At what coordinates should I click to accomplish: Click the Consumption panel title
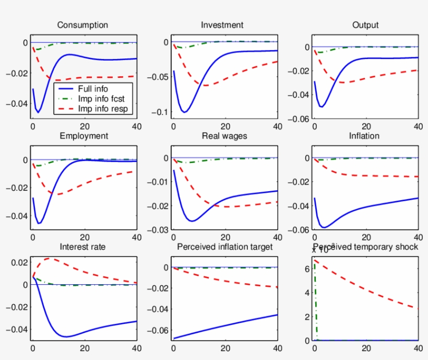tap(82, 25)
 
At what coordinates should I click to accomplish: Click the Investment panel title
tap(222, 25)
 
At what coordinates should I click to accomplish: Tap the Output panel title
tap(365, 25)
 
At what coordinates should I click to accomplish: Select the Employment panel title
tap(84, 136)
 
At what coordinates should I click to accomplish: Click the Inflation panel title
tap(365, 136)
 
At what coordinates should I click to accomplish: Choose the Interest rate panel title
tap(82, 247)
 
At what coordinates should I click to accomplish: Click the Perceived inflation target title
tap(225, 247)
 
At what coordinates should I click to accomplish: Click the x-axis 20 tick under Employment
tap(84, 237)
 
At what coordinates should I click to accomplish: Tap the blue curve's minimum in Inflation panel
tap(324, 227)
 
